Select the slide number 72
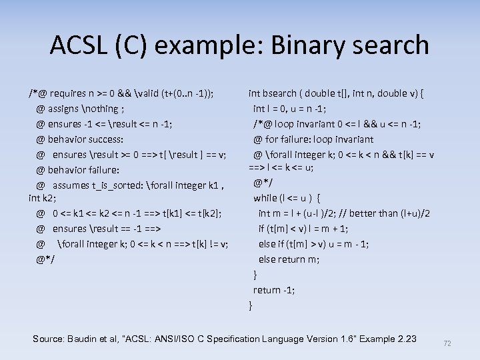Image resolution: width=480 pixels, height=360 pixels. click(447, 343)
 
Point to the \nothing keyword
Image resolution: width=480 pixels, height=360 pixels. click(100, 109)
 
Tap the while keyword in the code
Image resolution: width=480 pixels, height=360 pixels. click(265, 197)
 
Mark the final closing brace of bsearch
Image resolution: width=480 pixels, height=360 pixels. click(251, 305)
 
